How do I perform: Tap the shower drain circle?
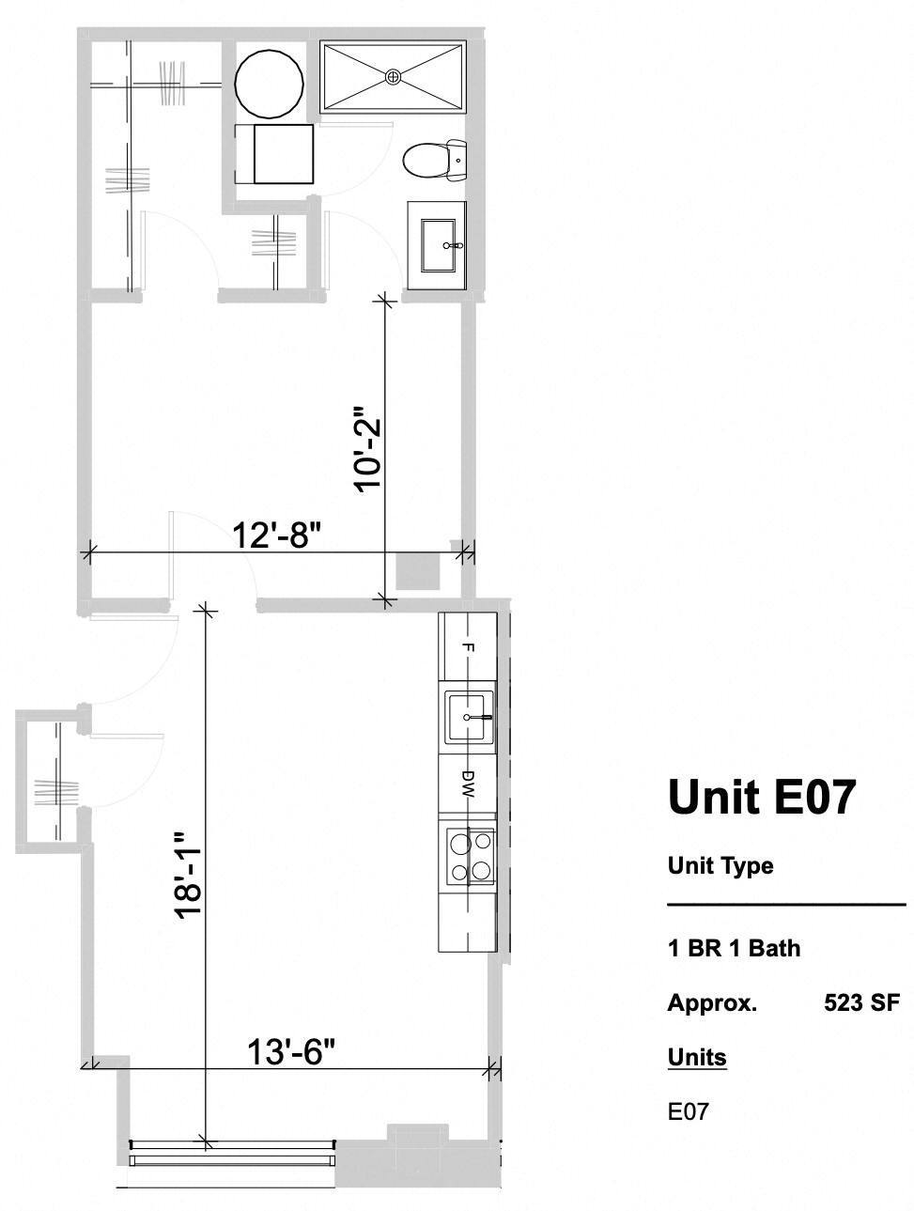[x=394, y=75]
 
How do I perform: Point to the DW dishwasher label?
[x=468, y=784]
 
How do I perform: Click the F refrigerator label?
[x=468, y=648]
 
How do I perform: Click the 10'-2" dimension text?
[x=366, y=448]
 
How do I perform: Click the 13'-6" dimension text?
[x=291, y=1052]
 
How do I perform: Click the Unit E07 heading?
[x=762, y=797]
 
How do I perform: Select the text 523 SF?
[x=860, y=1002]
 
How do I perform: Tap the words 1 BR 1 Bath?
[x=734, y=948]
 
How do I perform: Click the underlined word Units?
[x=697, y=1057]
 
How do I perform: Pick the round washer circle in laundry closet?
[x=269, y=83]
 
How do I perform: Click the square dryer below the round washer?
[x=283, y=154]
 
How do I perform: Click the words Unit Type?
[x=720, y=865]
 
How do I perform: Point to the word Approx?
[x=712, y=1002]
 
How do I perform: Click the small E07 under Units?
[x=688, y=1112]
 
